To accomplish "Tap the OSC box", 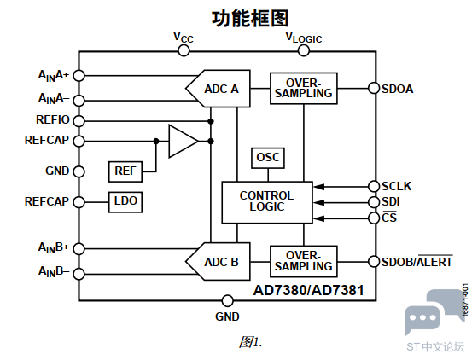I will tap(267, 158).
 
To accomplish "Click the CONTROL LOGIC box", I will tap(266, 202).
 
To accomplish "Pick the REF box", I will tap(125, 171).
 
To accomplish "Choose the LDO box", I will tap(125, 202).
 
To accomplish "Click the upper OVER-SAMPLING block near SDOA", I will tap(303, 87).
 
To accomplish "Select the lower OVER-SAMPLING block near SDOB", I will tap(303, 261).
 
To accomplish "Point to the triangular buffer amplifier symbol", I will tap(182, 141).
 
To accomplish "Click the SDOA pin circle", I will tap(373, 88).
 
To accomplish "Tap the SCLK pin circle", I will tap(373, 186).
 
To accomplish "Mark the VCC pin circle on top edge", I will tap(184, 50).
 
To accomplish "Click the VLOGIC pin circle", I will tap(303, 50).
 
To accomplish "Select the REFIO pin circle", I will tap(79, 120).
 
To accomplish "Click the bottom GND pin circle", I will tap(227, 300).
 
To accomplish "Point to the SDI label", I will tap(391, 202).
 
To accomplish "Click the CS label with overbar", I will tap(389, 218).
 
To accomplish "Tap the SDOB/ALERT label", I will tap(417, 261).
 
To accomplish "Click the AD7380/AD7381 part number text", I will tap(309, 290).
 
